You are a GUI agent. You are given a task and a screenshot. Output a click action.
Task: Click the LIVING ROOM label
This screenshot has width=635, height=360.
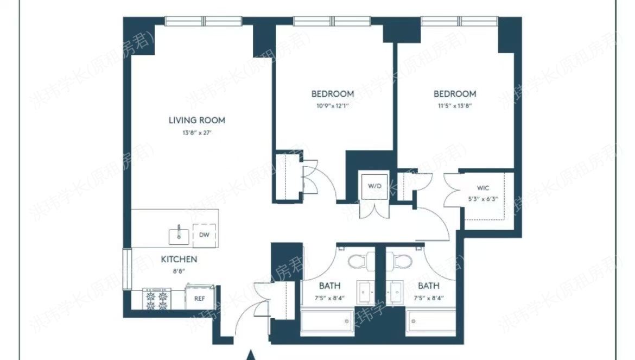tap(196, 121)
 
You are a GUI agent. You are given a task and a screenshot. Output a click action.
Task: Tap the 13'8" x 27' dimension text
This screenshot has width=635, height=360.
tap(196, 132)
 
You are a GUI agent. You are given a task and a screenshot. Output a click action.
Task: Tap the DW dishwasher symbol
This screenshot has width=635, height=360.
tap(204, 235)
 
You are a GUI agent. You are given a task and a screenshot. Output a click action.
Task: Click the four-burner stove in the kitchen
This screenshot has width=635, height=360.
tap(157, 299)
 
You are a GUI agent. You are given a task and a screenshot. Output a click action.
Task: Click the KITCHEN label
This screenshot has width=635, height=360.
tap(179, 260)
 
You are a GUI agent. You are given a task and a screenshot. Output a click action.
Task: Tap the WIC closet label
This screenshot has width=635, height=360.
tap(482, 188)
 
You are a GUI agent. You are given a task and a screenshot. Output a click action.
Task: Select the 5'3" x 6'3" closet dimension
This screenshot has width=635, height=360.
tap(482, 199)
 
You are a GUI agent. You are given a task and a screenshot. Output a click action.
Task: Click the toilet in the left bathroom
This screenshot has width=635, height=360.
tap(358, 263)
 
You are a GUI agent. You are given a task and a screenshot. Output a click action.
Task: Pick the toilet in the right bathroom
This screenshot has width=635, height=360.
tap(402, 263)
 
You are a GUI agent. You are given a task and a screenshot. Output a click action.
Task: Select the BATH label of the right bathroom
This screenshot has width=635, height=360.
tap(429, 286)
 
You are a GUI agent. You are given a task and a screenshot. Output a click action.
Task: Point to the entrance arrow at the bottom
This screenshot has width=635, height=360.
tap(251, 355)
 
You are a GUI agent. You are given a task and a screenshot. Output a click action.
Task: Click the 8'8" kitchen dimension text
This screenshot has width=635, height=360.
tap(179, 270)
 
